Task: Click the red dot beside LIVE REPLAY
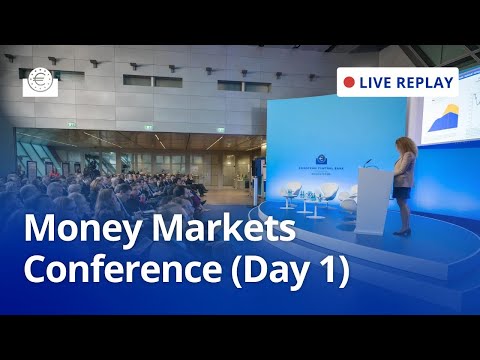(348, 81)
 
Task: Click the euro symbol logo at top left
(41, 82)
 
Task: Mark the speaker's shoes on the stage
(402, 232)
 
